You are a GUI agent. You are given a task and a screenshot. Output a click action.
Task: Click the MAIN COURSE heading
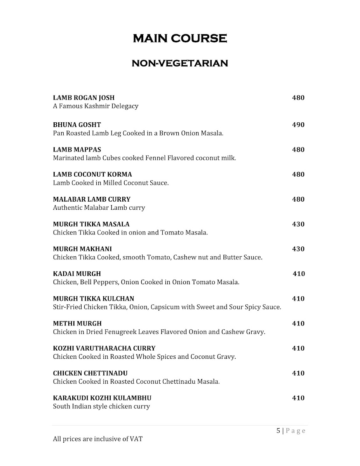(180, 38)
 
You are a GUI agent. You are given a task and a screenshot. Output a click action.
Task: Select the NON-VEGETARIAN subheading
(180, 63)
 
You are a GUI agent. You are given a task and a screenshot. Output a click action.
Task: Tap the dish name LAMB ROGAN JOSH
(83, 98)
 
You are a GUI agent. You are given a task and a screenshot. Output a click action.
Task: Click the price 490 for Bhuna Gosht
(298, 125)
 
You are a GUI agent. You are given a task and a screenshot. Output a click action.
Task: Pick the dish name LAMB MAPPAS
(77, 150)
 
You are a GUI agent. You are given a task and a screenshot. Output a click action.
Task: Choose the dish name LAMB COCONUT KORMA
(92, 174)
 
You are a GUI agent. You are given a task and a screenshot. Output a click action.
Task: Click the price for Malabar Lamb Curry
(298, 199)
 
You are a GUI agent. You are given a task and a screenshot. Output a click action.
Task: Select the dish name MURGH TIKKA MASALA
(91, 224)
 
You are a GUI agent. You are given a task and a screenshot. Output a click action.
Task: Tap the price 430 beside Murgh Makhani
(298, 249)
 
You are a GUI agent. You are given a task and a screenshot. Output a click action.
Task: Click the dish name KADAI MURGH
(77, 274)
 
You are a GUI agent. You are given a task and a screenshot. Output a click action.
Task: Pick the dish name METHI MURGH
(77, 323)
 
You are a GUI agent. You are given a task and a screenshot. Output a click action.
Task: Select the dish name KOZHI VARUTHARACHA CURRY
(104, 348)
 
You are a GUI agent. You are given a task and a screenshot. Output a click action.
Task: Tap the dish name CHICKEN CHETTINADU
(90, 373)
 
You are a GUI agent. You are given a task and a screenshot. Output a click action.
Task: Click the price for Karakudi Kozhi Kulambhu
(298, 398)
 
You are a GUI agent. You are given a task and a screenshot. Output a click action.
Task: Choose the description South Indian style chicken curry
(101, 407)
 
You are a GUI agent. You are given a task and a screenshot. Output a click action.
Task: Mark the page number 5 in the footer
(278, 431)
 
